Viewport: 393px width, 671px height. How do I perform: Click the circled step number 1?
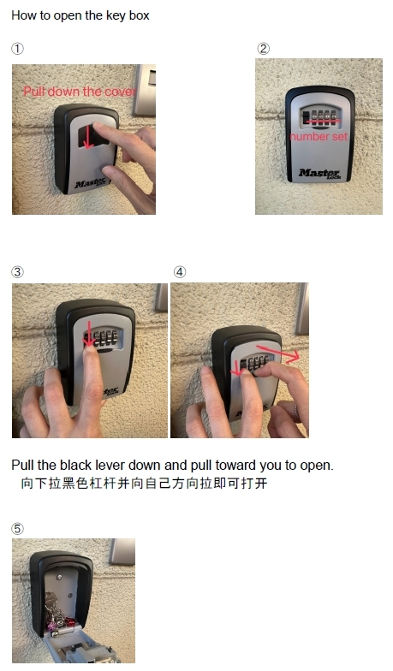pos(17,48)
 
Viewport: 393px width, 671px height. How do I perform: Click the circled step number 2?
pos(264,48)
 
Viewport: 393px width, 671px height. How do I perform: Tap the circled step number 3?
pos(17,272)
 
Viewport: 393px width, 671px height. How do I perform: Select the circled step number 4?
pos(180,272)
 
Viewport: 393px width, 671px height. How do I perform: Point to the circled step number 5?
pos(17,529)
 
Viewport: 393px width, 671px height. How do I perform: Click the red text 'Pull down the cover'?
pos(80,92)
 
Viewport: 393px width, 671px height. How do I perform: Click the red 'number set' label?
pos(319,137)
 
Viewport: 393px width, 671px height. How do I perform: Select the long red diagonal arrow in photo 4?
pos(277,353)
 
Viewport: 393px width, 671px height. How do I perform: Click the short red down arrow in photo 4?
pos(236,368)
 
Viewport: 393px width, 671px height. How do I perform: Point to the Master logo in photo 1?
pos(91,183)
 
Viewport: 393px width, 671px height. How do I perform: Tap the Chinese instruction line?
pos(144,484)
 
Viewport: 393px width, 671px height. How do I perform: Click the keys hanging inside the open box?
pos(59,613)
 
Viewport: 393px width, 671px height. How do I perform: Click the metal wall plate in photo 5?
pos(122,551)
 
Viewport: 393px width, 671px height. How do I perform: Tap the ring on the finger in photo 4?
pos(296,411)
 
